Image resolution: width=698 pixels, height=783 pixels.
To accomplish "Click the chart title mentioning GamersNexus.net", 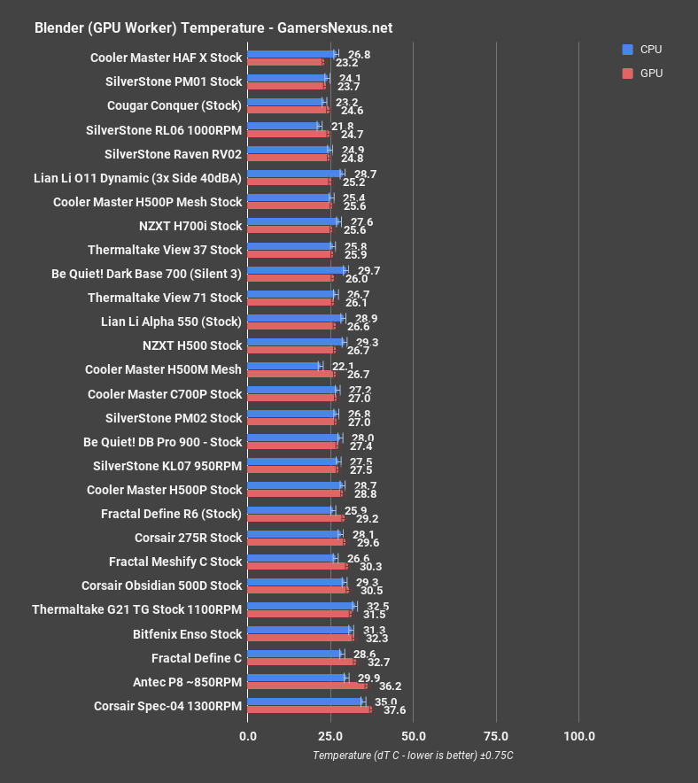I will [x=213, y=28].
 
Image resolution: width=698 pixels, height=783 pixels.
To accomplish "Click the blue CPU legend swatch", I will [x=628, y=50].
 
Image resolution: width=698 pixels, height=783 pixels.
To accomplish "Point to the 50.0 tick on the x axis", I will [x=413, y=736].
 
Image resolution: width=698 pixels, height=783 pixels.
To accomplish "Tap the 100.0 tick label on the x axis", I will [x=579, y=736].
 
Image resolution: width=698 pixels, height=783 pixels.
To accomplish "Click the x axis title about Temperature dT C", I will [x=413, y=756].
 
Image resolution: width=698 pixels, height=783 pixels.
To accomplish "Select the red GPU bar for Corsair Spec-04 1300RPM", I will [x=309, y=709].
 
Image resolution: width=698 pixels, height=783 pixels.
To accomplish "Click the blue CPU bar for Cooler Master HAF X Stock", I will [x=291, y=54].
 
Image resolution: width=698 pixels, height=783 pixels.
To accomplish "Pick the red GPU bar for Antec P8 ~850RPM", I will [x=306, y=686].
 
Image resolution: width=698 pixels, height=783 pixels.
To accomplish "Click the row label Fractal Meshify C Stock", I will [x=175, y=562].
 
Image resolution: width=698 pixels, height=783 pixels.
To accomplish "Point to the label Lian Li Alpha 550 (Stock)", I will [x=171, y=322].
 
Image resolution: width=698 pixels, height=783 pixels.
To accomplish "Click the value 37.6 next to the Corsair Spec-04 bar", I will [x=394, y=710].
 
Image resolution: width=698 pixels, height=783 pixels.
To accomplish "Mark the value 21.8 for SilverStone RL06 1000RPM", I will [x=342, y=126].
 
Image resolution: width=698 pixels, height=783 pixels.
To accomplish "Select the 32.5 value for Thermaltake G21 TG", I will [x=377, y=606].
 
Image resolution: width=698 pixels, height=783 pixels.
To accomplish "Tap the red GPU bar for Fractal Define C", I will [x=301, y=662].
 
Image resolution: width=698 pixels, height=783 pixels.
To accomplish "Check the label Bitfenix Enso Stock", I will [x=187, y=634].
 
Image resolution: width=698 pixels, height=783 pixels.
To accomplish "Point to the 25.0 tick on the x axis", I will [x=330, y=736].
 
